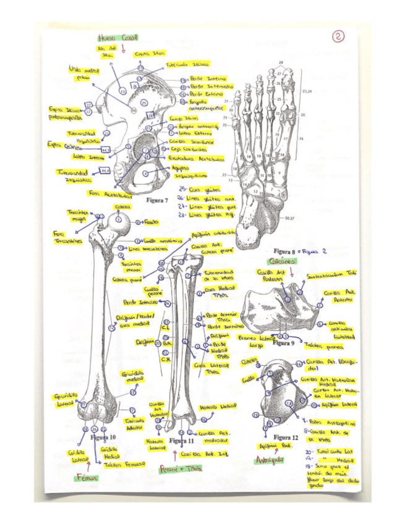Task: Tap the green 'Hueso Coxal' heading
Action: pos(117,38)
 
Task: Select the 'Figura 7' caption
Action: pos(157,200)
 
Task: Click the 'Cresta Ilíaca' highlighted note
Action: pos(149,54)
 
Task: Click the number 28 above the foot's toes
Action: pos(281,63)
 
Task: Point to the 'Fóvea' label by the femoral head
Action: pos(151,221)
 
